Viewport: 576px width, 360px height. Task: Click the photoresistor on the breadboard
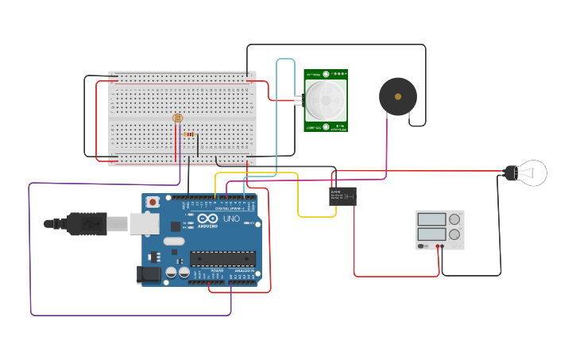pyautogui.click(x=177, y=118)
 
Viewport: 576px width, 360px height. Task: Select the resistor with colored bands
pyautogui.click(x=189, y=134)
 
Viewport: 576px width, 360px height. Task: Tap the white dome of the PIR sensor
pyautogui.click(x=326, y=99)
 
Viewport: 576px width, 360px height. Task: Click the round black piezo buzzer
pyautogui.click(x=397, y=96)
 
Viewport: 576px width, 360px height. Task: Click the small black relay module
pyautogui.click(x=342, y=195)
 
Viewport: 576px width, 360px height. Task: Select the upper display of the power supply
pyautogui.click(x=431, y=219)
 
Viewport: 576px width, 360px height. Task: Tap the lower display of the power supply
pyautogui.click(x=431, y=234)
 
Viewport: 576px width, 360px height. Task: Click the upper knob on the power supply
pyautogui.click(x=454, y=219)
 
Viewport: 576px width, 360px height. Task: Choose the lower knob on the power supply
pyautogui.click(x=454, y=234)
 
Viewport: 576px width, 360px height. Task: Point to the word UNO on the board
pyautogui.click(x=231, y=219)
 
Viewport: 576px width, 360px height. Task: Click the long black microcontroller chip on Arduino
pyautogui.click(x=222, y=258)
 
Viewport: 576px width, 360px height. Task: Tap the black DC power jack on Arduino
pyautogui.click(x=149, y=275)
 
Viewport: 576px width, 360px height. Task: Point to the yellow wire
pyautogui.click(x=299, y=195)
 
